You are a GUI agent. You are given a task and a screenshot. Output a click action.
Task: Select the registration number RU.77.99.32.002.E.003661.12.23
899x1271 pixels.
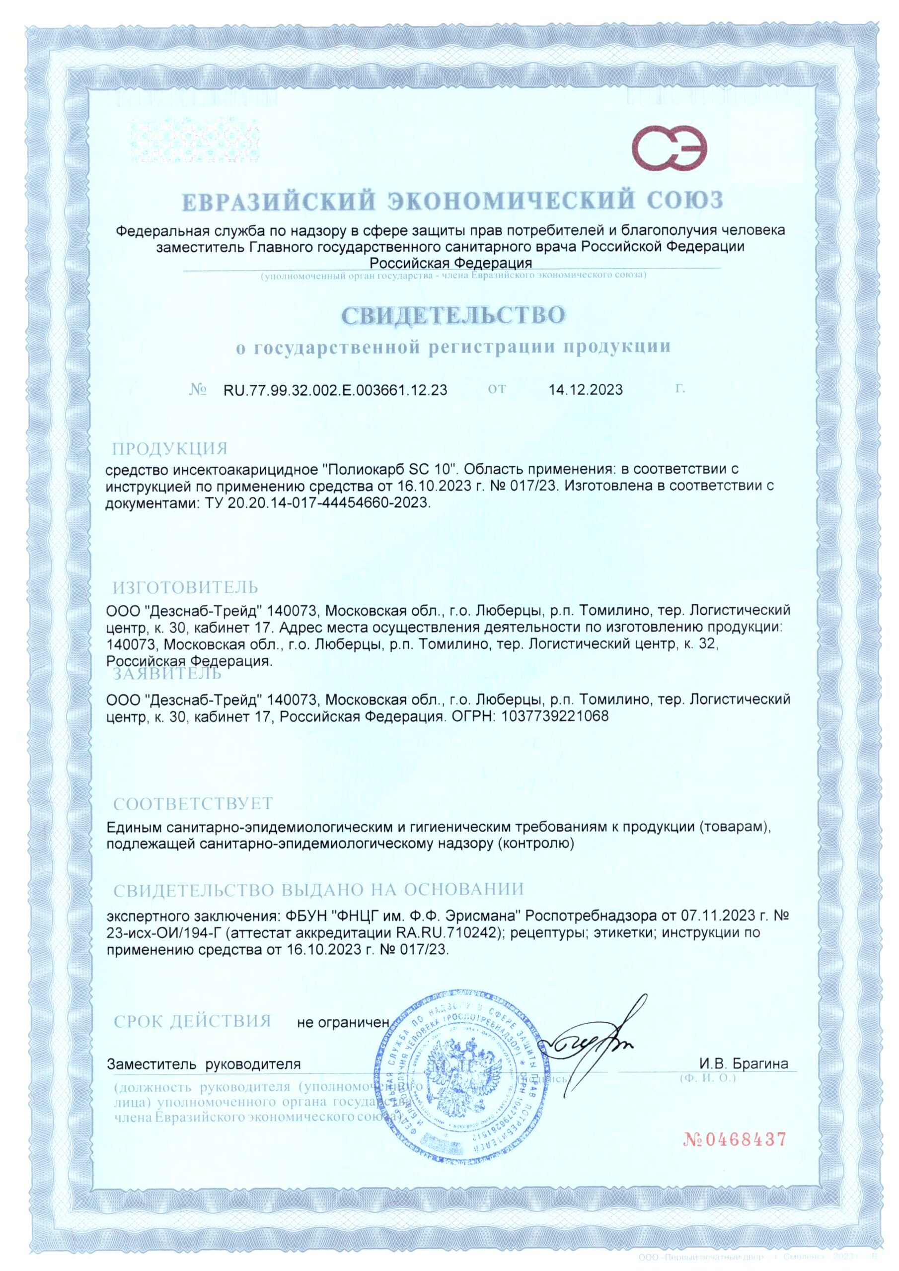[x=335, y=390]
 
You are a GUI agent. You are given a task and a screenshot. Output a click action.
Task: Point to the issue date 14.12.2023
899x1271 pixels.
[x=586, y=390]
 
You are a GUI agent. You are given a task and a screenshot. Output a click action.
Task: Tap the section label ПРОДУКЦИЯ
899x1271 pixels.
[x=170, y=448]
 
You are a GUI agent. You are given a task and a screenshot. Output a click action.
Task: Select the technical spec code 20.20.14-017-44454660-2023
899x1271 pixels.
[x=328, y=502]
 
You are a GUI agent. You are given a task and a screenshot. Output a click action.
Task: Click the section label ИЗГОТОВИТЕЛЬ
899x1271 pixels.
[x=186, y=587]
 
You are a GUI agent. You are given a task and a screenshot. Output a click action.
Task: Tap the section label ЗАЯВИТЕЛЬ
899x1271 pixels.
[x=167, y=674]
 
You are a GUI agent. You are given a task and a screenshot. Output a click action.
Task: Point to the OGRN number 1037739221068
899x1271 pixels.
[x=554, y=716]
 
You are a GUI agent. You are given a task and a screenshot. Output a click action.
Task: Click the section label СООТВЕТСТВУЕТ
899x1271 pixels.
[x=193, y=803]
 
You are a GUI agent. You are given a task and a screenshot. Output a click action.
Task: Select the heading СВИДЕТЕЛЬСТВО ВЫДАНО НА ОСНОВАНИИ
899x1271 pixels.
[x=318, y=890]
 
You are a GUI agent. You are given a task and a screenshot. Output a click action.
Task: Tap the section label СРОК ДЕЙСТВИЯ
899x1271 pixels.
[x=192, y=1021]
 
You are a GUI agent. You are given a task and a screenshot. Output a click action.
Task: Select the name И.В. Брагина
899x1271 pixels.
[x=744, y=1063]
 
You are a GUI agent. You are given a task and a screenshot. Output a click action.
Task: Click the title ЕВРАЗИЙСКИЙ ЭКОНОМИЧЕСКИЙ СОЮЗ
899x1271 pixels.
[x=452, y=201]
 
